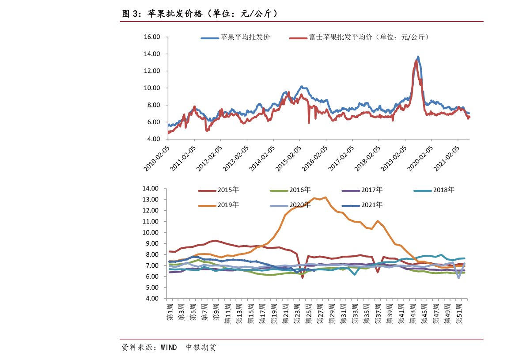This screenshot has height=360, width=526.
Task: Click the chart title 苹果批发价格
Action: point(175,14)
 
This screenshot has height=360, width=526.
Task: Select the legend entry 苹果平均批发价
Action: point(235,37)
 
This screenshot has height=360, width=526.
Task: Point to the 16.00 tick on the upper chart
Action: point(152,37)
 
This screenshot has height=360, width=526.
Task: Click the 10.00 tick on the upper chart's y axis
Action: point(152,88)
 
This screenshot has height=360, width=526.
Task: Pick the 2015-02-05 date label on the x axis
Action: point(288,159)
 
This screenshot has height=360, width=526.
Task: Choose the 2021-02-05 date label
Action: point(447,159)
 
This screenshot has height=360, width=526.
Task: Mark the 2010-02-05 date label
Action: point(156,159)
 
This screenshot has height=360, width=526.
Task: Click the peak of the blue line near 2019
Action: point(418,57)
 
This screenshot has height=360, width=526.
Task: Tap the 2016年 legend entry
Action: point(290,190)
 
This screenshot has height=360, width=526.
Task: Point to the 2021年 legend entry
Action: point(362,205)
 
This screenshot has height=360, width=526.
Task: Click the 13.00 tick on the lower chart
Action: point(150,200)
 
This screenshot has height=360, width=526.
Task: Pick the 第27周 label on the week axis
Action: point(320,314)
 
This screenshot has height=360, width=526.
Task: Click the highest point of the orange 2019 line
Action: point(325,197)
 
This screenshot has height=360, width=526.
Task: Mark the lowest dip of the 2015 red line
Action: point(302,277)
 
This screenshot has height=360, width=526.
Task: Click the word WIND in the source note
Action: point(169,348)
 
